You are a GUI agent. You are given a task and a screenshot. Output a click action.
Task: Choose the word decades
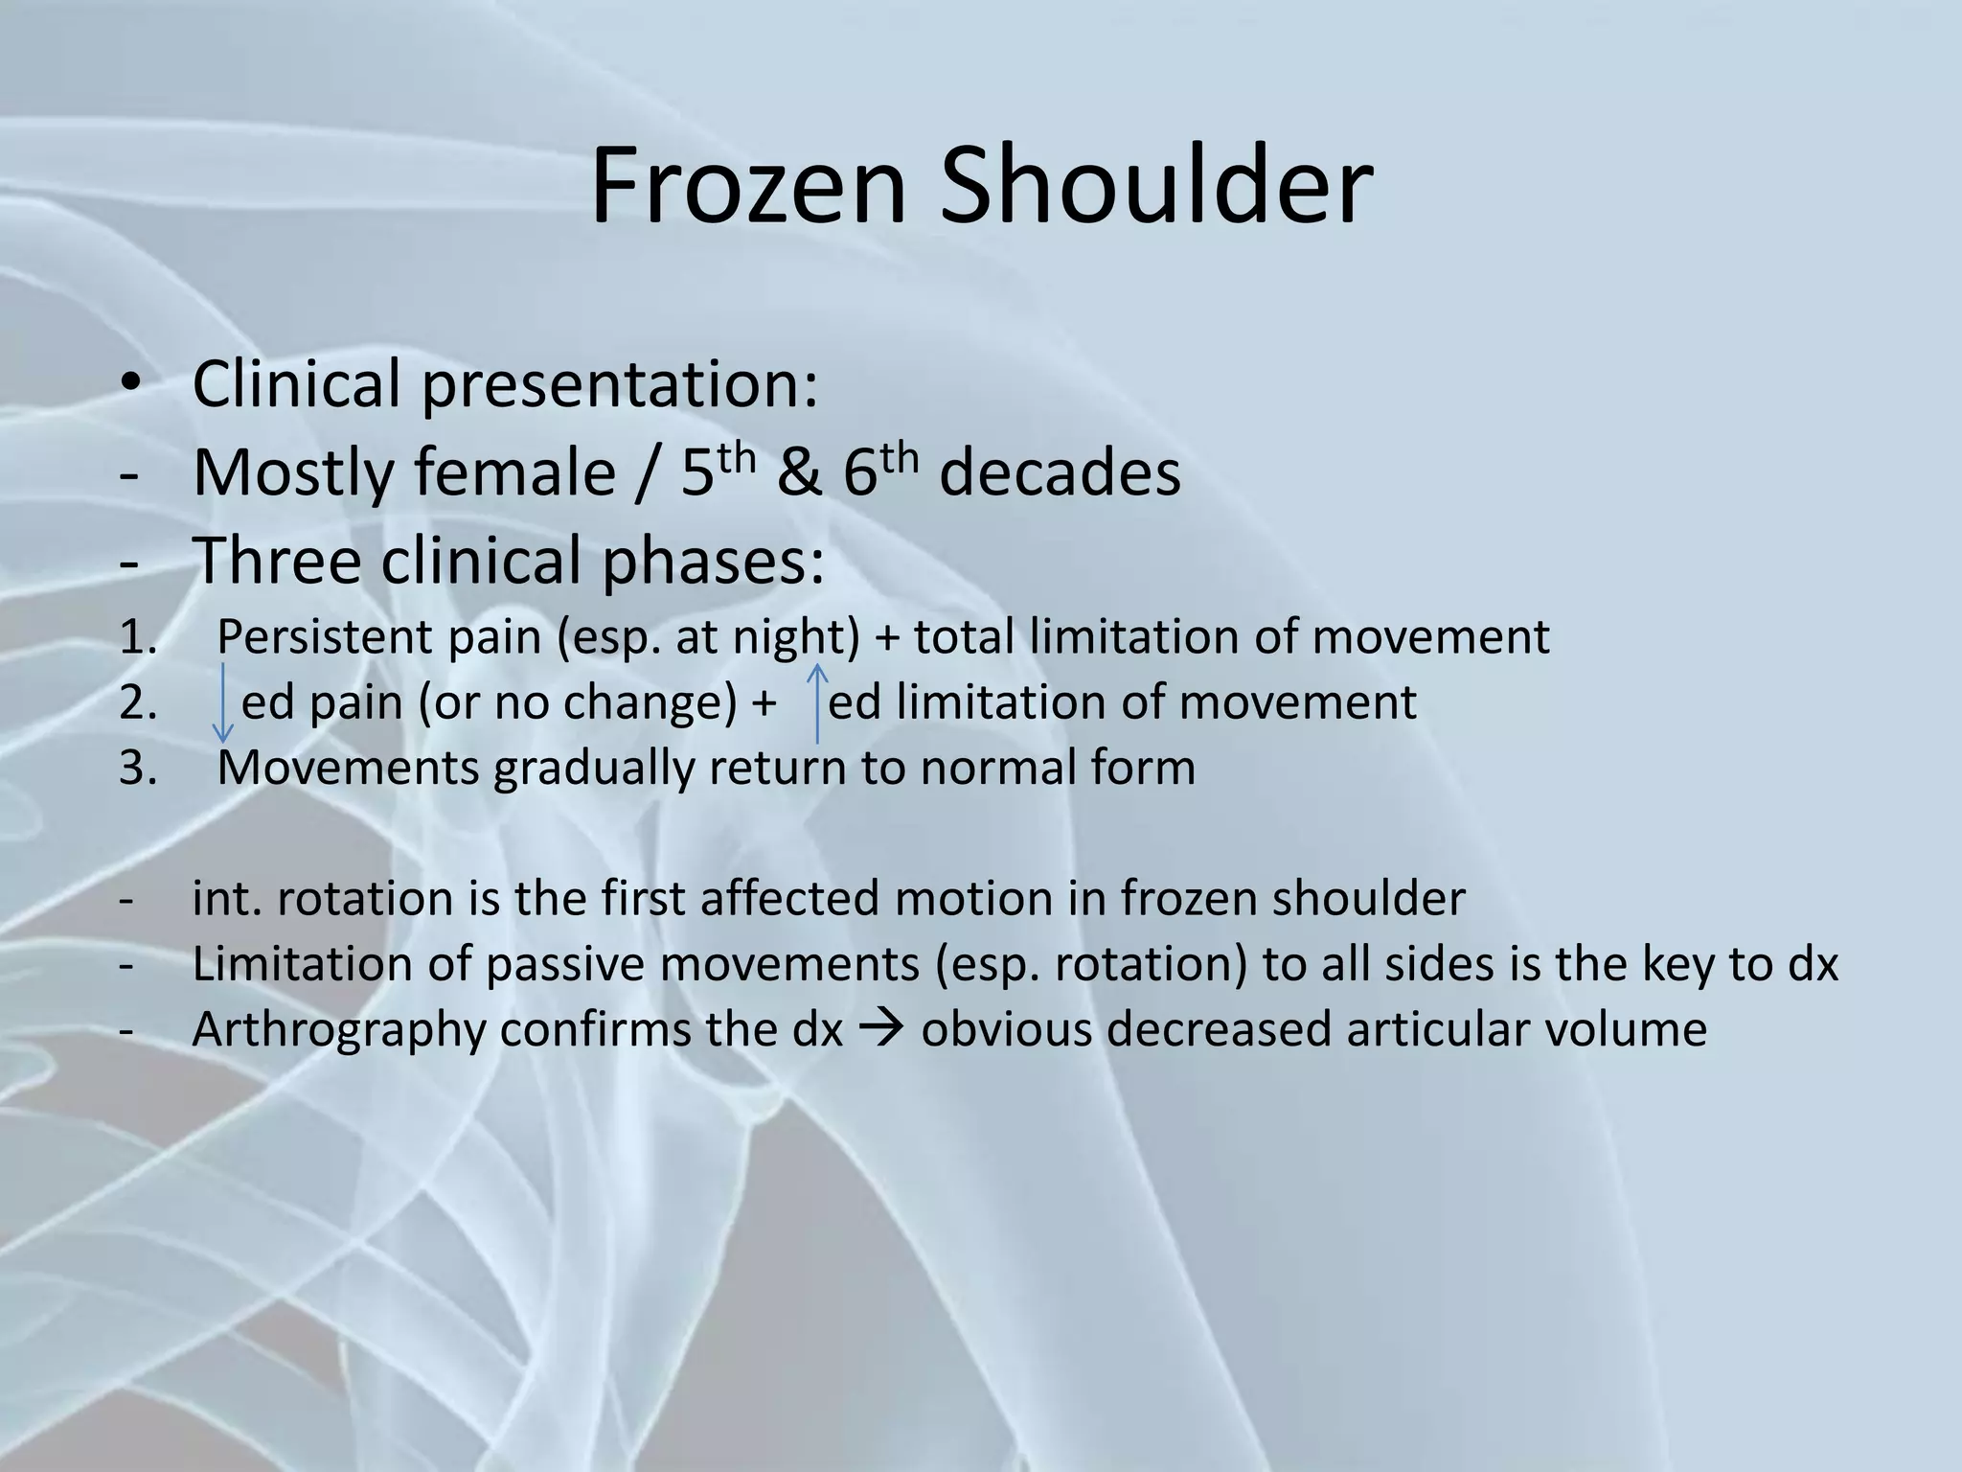click(x=1060, y=473)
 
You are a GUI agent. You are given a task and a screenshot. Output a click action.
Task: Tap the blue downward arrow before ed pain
click(x=222, y=702)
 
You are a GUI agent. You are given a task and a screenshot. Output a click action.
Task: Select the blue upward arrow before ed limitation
click(x=817, y=702)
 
